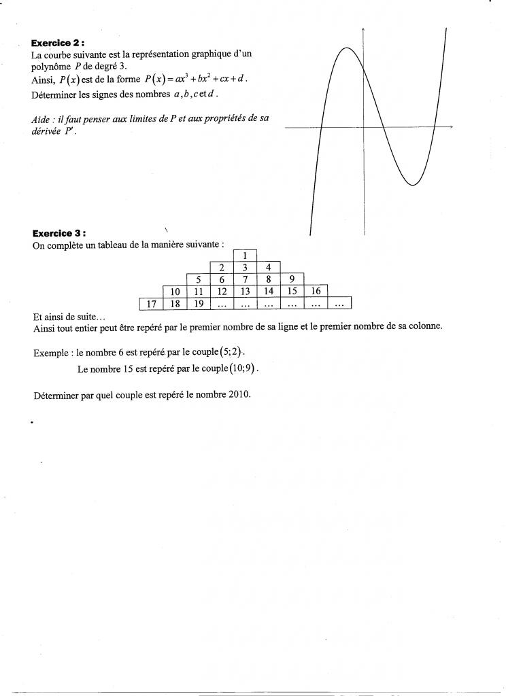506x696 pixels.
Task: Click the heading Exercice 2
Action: [58, 42]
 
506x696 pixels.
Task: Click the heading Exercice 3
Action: [58, 234]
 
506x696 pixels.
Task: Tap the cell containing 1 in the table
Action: [245, 256]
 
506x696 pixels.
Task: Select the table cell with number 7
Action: [245, 279]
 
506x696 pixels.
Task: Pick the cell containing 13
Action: [245, 291]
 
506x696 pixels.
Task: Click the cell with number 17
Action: [152, 303]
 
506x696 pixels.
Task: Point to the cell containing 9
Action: [292, 279]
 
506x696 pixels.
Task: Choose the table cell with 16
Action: [316, 291]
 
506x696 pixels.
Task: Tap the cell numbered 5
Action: [198, 279]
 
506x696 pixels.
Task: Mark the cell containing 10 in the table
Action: [174, 291]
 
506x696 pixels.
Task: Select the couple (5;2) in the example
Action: [231, 353]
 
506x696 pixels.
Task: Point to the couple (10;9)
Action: [246, 370]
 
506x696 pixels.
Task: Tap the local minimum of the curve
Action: [414, 184]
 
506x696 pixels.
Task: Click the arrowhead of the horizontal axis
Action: [450, 127]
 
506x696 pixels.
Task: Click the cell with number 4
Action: [269, 268]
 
